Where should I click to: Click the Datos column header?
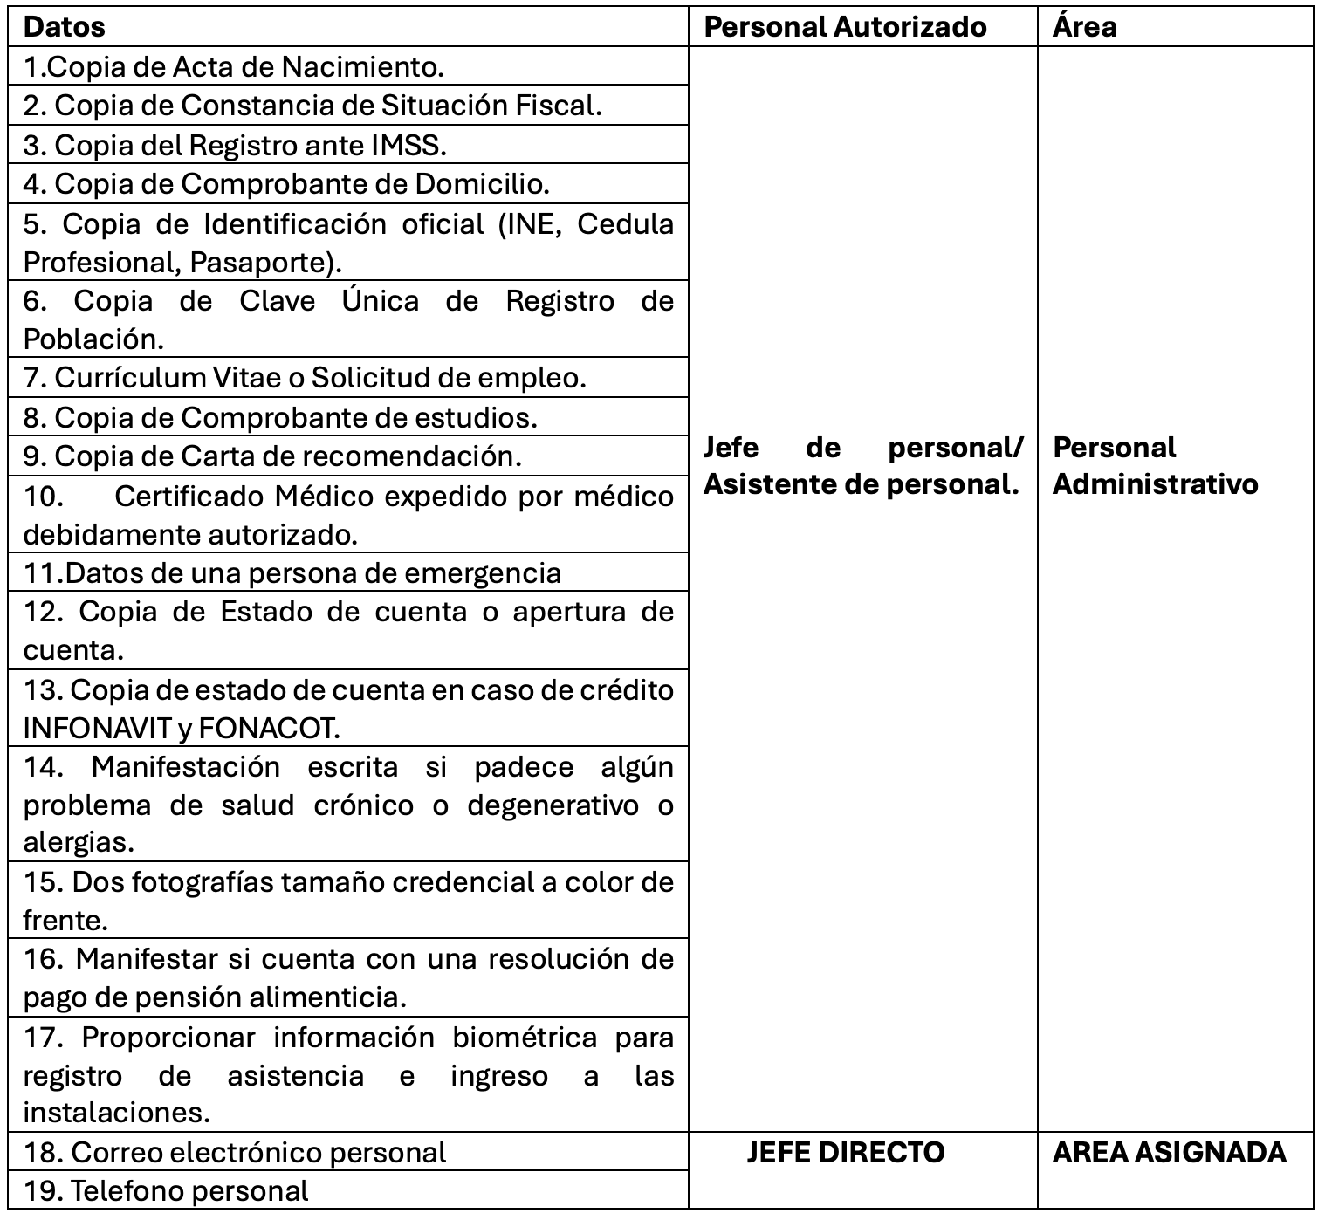65,27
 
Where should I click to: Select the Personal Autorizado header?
845,27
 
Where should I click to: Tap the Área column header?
1084,27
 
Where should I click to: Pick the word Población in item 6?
93,339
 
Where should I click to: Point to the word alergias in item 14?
79,843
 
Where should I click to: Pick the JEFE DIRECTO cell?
845,1153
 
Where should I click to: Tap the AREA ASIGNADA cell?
1169,1153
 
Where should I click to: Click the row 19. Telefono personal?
166,1191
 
